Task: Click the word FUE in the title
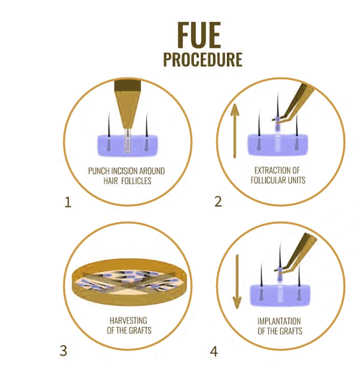pyautogui.click(x=199, y=35)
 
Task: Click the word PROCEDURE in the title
pyautogui.click(x=203, y=59)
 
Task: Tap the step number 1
pyautogui.click(x=68, y=202)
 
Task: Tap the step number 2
pyautogui.click(x=218, y=202)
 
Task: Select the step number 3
pyautogui.click(x=64, y=351)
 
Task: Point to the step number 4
pyautogui.click(x=214, y=352)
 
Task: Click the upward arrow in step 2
pyautogui.click(x=235, y=131)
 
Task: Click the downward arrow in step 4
pyautogui.click(x=237, y=282)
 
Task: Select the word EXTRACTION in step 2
pyautogui.click(x=270, y=170)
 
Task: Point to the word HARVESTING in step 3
pyautogui.click(x=128, y=320)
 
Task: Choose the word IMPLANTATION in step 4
pyautogui.click(x=279, y=321)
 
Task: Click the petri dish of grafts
pyautogui.click(x=128, y=282)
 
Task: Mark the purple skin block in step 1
pyautogui.click(x=127, y=146)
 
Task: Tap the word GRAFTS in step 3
pyautogui.click(x=140, y=330)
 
